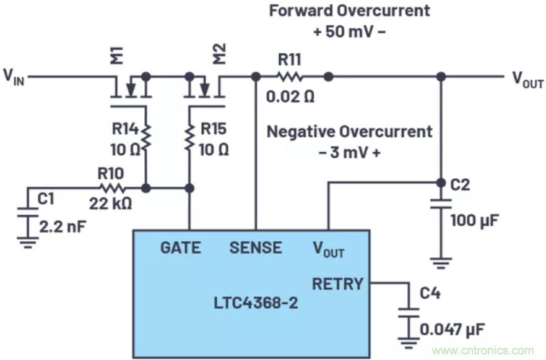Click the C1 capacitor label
pyautogui.click(x=46, y=199)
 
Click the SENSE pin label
pyautogui.click(x=256, y=248)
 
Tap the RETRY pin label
pyautogui.click(x=337, y=284)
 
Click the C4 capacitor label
pyautogui.click(x=430, y=293)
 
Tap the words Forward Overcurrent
pyautogui.click(x=349, y=11)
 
